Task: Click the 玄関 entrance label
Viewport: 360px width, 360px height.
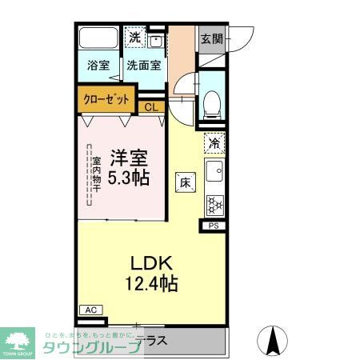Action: coord(211,38)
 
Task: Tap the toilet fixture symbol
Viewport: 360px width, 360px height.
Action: coord(212,101)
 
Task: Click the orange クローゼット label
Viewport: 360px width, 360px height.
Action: coord(106,99)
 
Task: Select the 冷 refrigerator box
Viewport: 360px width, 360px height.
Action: coord(214,143)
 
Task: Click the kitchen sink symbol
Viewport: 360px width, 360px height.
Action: coord(214,171)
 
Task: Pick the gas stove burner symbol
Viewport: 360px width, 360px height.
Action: coord(214,204)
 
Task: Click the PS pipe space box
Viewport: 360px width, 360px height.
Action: coord(214,226)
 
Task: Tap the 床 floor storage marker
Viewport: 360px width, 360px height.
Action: coord(185,182)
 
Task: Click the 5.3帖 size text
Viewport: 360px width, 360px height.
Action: coord(129,178)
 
